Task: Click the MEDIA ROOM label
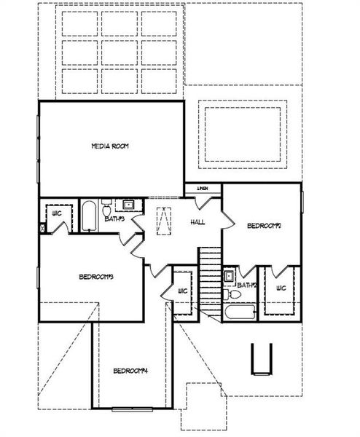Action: [110, 146]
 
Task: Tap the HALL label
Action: [197, 222]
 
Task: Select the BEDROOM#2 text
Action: [264, 227]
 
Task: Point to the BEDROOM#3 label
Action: [95, 276]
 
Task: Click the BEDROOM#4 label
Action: [131, 371]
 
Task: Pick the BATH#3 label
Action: [115, 218]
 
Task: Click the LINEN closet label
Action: [204, 189]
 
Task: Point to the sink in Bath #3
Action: [128, 205]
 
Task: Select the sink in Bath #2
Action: [228, 276]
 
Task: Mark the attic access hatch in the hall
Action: [165, 221]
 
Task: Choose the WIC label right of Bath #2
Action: [280, 289]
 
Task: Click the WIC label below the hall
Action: [182, 291]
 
